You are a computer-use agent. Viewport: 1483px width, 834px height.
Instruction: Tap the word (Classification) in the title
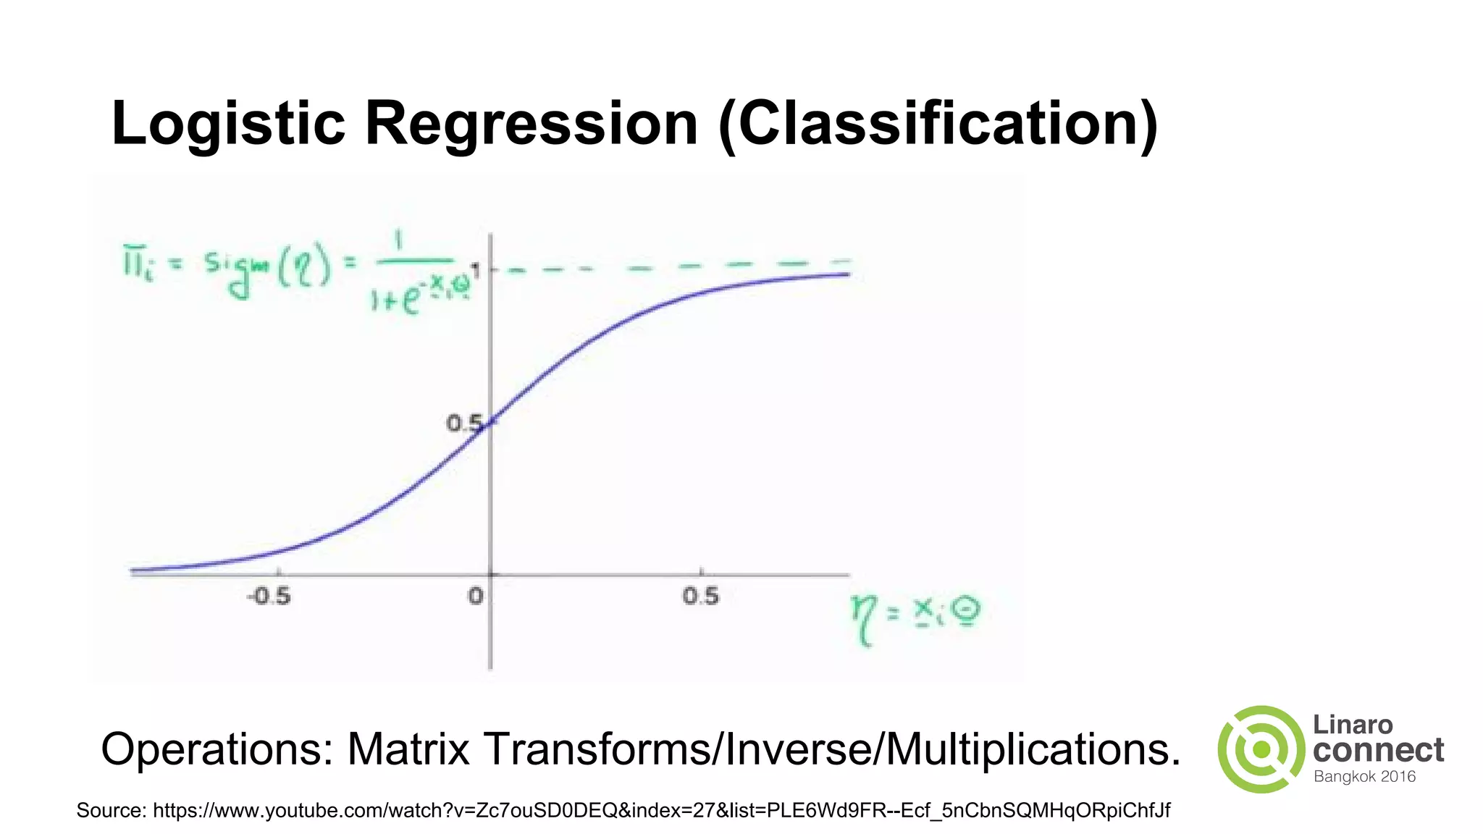tap(938, 125)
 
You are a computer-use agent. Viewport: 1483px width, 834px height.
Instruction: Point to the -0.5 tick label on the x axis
tap(269, 597)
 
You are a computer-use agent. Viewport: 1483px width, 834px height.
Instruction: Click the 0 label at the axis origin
tap(475, 597)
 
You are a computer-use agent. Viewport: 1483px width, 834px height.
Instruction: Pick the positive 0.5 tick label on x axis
tap(700, 597)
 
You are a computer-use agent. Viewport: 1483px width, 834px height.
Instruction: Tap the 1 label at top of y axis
tap(476, 269)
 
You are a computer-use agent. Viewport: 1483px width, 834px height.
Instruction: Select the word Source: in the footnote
tap(111, 810)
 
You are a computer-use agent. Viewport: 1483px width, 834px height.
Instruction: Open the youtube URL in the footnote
tap(660, 810)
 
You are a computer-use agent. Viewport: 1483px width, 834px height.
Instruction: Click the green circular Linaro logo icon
tap(1261, 749)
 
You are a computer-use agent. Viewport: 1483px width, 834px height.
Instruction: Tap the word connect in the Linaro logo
tap(1378, 751)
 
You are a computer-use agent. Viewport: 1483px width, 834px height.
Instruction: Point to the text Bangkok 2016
tap(1364, 777)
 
